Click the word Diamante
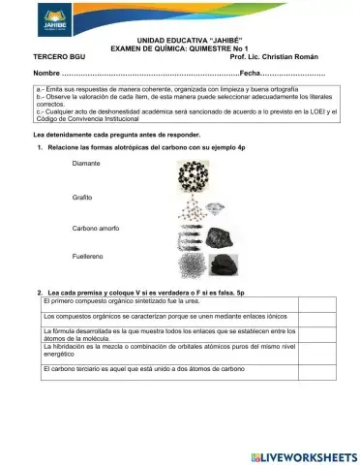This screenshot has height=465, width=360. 86,165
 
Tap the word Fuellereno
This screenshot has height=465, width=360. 87,257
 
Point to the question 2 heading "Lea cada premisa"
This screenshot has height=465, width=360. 145,291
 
